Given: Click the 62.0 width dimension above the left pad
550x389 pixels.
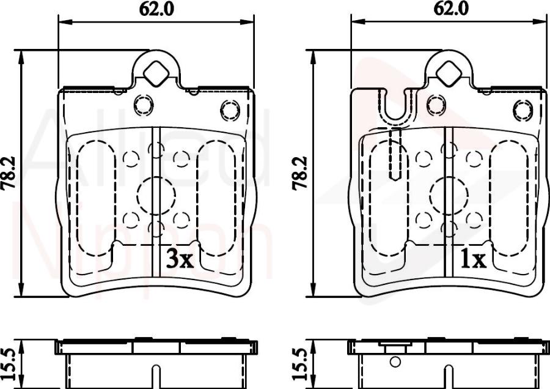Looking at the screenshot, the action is click(x=156, y=9).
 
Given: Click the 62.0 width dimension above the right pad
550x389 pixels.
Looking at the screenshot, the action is click(x=451, y=9).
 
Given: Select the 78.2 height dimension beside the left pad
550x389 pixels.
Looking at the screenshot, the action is click(x=9, y=173).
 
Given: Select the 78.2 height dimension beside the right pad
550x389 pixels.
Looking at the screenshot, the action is click(x=299, y=173).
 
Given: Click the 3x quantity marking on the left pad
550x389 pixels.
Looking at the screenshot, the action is click(x=180, y=260).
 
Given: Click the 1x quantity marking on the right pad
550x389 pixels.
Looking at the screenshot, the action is click(x=474, y=260).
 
